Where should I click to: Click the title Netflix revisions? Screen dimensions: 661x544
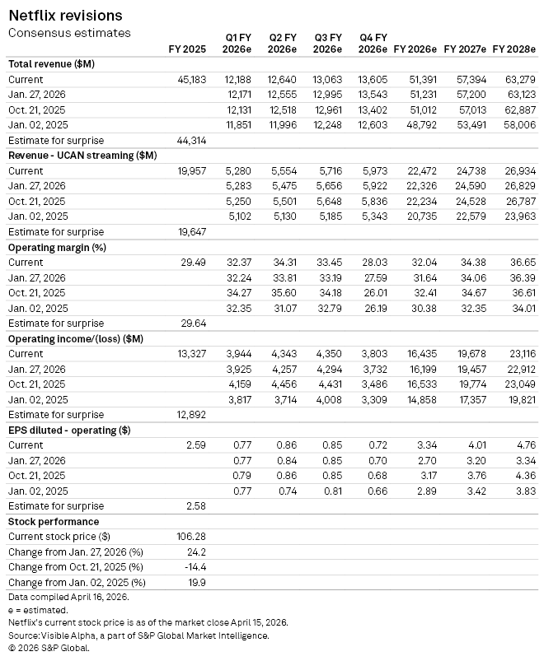[x=65, y=16]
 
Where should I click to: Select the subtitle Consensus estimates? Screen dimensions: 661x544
[x=69, y=33]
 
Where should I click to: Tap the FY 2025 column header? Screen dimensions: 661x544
[x=186, y=49]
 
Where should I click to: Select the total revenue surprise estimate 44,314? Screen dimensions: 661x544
[x=191, y=141]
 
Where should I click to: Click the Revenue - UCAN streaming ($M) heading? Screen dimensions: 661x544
[x=82, y=156]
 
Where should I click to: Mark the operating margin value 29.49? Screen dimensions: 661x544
[x=193, y=263]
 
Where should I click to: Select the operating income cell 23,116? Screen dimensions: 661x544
[x=518, y=354]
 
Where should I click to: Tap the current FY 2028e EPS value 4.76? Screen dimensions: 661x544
[x=523, y=445]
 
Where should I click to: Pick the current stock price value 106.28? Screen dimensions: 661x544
[x=191, y=537]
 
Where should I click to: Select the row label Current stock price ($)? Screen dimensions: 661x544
[x=59, y=537]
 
